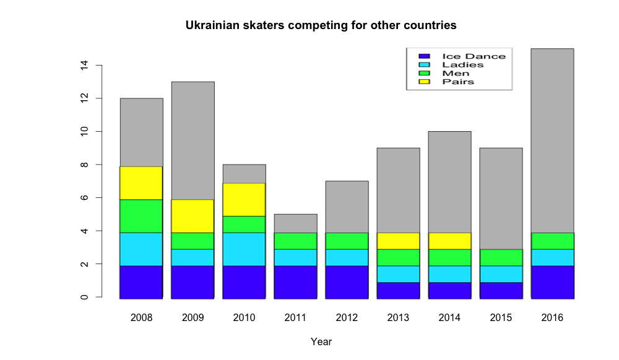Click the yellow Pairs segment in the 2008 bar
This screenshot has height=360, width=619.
[x=142, y=183]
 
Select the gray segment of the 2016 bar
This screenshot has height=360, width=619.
[x=552, y=140]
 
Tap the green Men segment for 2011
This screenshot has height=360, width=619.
[x=296, y=241]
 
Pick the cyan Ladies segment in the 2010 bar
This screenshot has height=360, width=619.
[x=245, y=249]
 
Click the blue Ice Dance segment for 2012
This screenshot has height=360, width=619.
[x=347, y=282]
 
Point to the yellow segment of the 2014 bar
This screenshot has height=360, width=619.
[x=450, y=241]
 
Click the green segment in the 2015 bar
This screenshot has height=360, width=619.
[x=501, y=257]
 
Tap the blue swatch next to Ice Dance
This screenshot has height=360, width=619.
[x=424, y=56]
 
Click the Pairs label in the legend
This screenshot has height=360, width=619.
[x=458, y=82]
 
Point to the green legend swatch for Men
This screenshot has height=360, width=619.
[x=424, y=73]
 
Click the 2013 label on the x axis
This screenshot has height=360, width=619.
[x=399, y=318]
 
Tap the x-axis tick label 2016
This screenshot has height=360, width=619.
[x=552, y=318]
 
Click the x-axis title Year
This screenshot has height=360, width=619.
[x=321, y=341]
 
